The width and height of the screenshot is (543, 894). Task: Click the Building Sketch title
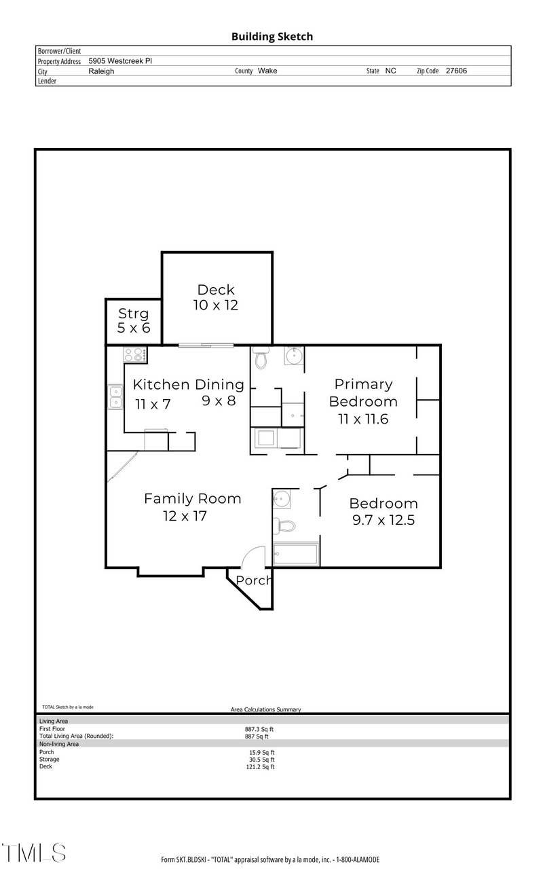tap(271, 37)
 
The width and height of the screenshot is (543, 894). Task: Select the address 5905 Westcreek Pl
tap(120, 60)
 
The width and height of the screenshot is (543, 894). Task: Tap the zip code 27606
tap(456, 71)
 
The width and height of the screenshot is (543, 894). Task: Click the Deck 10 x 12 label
tap(216, 297)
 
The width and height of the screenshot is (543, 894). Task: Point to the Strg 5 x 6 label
tap(133, 320)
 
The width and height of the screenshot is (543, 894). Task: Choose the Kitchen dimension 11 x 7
tap(153, 405)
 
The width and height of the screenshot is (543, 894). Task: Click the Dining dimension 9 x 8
tap(219, 401)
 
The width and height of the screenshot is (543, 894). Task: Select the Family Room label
tap(192, 499)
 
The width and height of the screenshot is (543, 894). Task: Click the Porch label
tap(253, 580)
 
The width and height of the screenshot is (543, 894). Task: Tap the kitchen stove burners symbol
tap(133, 354)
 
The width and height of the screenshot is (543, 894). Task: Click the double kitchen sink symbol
tap(115, 396)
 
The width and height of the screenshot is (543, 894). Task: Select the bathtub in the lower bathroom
tap(295, 554)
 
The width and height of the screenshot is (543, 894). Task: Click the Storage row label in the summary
tap(50, 759)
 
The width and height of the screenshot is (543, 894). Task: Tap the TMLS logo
tap(34, 853)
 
